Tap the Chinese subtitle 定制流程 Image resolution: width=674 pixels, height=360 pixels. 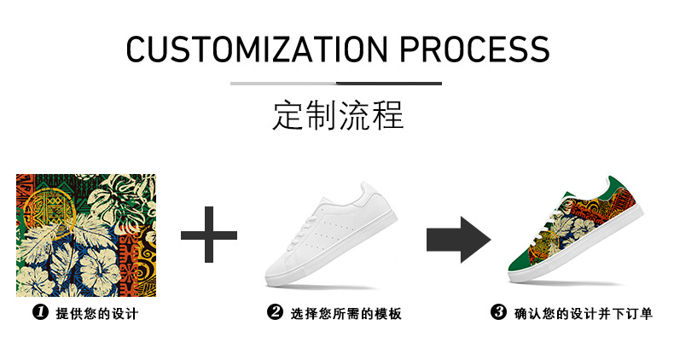337,114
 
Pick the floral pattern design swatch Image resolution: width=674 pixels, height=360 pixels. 85,235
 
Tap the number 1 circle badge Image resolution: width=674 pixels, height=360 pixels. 39,313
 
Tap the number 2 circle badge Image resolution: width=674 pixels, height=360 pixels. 275,313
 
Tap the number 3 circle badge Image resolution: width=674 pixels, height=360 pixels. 499,313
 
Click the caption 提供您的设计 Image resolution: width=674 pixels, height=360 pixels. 96,314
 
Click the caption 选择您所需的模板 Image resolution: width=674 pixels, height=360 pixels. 346,314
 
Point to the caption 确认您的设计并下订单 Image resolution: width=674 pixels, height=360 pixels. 584,314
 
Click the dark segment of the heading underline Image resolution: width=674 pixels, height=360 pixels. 389,84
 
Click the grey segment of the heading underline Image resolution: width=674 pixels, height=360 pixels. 283,84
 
